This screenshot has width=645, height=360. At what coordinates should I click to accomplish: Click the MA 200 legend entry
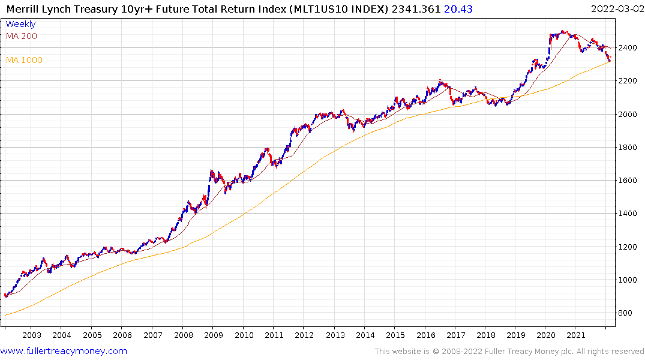click(x=21, y=36)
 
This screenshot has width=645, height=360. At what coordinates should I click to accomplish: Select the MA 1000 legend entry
click(x=24, y=60)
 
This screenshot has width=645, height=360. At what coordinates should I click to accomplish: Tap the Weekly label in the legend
click(x=20, y=24)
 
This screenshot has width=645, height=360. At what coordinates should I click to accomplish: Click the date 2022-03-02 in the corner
click(x=616, y=8)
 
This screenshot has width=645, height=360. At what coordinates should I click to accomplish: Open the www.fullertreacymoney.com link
click(x=64, y=351)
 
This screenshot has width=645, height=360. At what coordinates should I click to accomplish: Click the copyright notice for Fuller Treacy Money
click(x=509, y=351)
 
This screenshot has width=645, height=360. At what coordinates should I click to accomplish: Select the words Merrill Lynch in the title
click(x=37, y=8)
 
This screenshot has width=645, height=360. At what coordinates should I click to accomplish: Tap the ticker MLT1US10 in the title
click(x=327, y=8)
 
